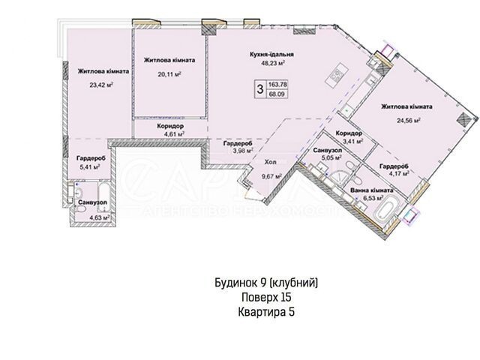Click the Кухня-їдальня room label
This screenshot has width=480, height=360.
coord(271,55)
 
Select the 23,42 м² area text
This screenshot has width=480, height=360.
coord(102,85)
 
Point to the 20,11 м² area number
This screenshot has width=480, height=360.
coord(169,73)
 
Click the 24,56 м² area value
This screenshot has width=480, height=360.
coord(408,120)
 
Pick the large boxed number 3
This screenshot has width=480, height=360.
coord(260,89)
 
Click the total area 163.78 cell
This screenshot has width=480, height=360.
coord(277,85)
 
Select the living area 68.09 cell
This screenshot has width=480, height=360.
coord(277,94)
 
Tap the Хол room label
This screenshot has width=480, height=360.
coord(270,162)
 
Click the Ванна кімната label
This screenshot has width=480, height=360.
coord(372,190)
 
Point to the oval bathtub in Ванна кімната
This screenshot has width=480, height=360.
coord(387,211)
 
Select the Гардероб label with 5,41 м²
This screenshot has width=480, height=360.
coord(91,158)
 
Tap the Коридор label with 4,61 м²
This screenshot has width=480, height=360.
coord(170,126)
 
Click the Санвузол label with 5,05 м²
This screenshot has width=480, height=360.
coord(327,150)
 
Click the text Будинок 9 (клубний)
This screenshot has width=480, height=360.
coord(266,283)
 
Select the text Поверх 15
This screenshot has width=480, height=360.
coord(266,297)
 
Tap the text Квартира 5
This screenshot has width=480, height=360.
coord(266,312)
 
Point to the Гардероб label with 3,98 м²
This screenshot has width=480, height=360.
coord(238,143)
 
